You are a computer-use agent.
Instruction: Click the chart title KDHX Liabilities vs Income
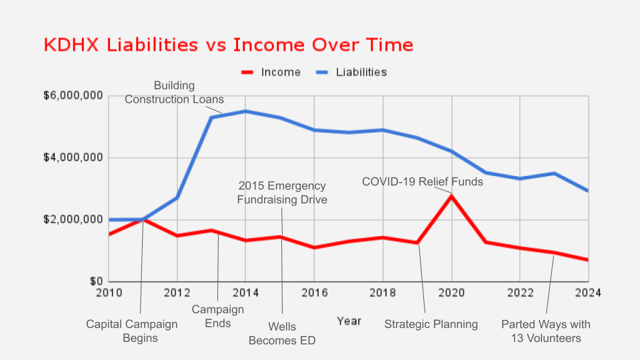click(x=228, y=45)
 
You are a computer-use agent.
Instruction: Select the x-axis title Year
click(x=349, y=321)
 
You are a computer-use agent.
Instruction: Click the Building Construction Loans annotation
click(x=174, y=93)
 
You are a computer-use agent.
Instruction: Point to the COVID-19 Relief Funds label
click(x=423, y=181)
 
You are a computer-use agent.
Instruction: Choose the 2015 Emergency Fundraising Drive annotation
click(x=282, y=192)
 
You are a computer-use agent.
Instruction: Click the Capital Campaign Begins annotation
click(x=132, y=331)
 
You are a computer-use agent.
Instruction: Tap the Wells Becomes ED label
click(x=282, y=333)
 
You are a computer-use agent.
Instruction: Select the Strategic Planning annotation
click(x=431, y=325)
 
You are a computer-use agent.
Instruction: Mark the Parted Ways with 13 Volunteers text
click(x=546, y=331)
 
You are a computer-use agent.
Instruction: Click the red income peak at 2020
click(x=451, y=195)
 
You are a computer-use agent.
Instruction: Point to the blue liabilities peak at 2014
click(x=245, y=111)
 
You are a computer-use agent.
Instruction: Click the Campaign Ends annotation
click(x=218, y=317)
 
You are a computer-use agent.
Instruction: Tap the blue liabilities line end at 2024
click(x=587, y=191)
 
